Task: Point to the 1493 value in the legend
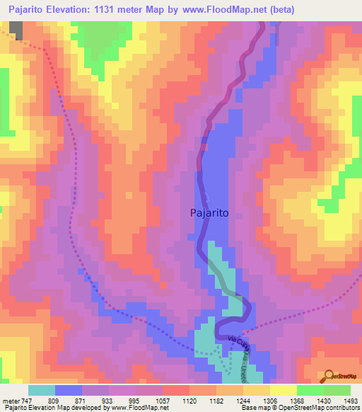pos(351,400)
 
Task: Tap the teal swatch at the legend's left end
pos(42,390)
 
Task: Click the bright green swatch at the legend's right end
pos(337,390)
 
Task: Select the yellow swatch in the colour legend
pos(284,390)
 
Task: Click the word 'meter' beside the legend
pos(11,400)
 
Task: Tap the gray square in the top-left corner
pos(15,30)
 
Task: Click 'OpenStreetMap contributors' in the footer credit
pos(317,408)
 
